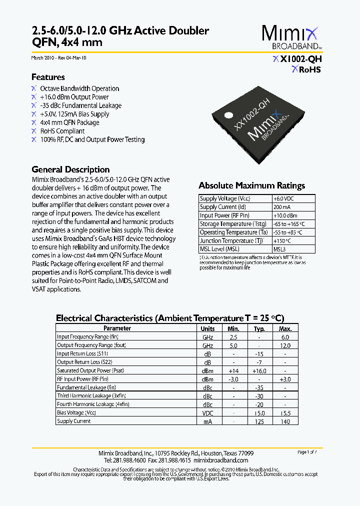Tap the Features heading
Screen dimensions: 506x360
(48, 77)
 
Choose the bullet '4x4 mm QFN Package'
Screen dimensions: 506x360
(69, 122)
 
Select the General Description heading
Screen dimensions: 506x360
(70, 169)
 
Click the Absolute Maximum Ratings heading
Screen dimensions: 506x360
(251, 185)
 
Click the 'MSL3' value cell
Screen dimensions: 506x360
(279, 249)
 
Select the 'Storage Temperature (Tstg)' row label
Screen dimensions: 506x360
(232, 224)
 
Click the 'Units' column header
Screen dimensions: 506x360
(207, 328)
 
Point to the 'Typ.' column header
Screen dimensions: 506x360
(259, 328)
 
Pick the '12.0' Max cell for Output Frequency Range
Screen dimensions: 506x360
(285, 345)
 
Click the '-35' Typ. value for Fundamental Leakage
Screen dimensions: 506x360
(259, 387)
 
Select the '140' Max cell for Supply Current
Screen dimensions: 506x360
(285, 421)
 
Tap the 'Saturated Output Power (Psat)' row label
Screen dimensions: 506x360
(90, 370)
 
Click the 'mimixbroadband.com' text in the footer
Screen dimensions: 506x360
(220, 460)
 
